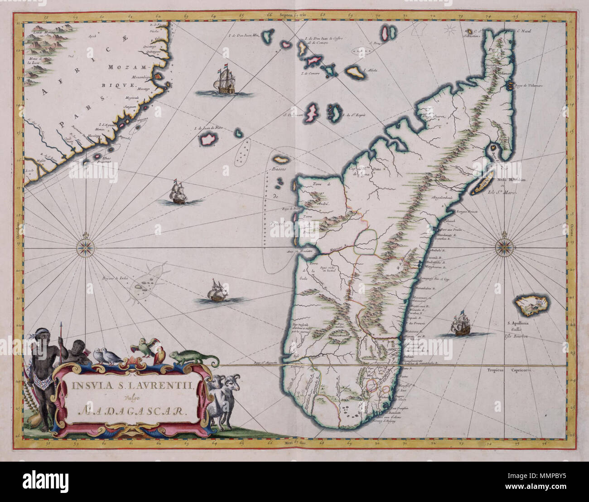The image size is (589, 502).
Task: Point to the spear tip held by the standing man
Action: tap(61, 326)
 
